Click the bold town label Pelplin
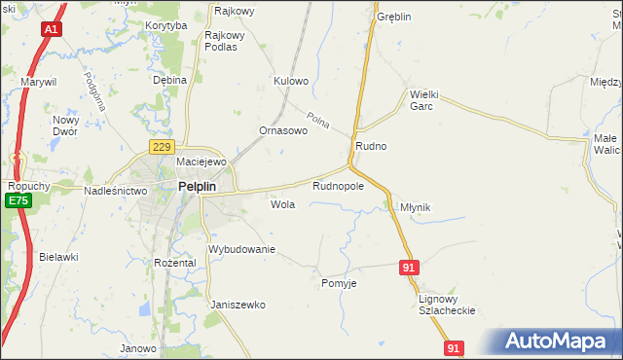tap(202, 189)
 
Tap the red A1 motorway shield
tap(52, 30)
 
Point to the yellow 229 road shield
tap(162, 146)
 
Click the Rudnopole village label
tap(338, 185)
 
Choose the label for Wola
tap(282, 205)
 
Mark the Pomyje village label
tap(340, 283)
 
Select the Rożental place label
tap(175, 263)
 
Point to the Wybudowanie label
tap(242, 250)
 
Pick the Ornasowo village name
tap(283, 130)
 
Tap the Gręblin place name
tap(394, 18)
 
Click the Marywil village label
tap(39, 82)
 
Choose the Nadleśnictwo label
tap(115, 192)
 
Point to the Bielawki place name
tap(58, 257)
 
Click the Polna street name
tap(318, 121)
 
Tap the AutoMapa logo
tap(556, 341)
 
